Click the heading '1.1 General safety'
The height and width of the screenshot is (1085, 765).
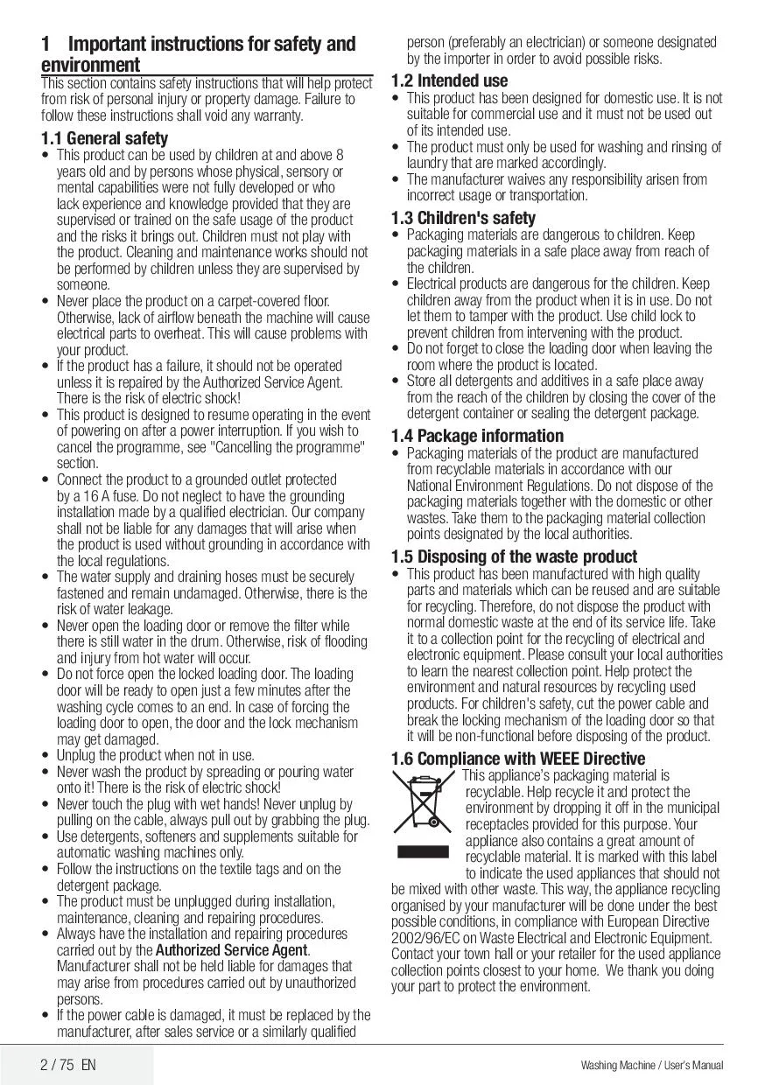coord(104,138)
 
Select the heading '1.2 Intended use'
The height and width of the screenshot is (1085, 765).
coord(449,80)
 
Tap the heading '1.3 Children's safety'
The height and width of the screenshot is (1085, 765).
coord(463,218)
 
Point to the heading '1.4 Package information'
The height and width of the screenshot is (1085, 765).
coord(477,436)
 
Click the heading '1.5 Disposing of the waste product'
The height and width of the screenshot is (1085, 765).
coord(514,556)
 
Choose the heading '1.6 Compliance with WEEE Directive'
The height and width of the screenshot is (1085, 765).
coord(518,759)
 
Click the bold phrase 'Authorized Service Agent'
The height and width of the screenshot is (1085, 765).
coord(232,950)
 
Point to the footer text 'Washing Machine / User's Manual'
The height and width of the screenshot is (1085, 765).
coord(651,1066)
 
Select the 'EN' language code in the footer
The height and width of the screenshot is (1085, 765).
coord(88,1065)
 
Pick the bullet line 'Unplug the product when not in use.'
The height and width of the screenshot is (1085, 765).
coord(156,755)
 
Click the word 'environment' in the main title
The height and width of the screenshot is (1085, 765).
coord(90,66)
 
